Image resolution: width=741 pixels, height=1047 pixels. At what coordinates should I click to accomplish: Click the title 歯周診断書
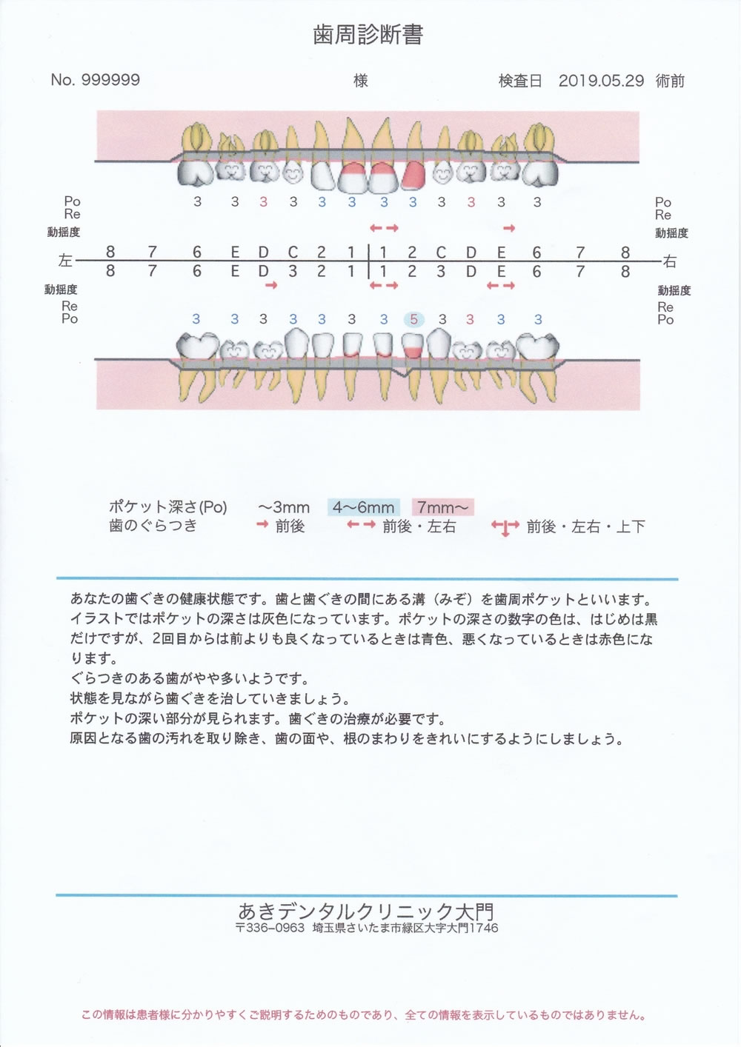click(x=368, y=35)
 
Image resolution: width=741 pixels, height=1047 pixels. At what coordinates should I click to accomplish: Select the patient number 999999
click(x=111, y=80)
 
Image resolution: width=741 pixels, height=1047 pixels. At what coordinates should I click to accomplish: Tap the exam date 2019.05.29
click(x=601, y=81)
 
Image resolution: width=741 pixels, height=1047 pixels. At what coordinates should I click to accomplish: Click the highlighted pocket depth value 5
click(x=413, y=320)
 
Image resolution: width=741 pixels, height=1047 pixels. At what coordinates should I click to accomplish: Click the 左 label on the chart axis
click(x=65, y=261)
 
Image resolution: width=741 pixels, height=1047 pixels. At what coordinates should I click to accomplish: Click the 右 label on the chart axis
click(x=670, y=261)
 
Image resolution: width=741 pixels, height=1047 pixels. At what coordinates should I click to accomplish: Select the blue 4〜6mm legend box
click(x=364, y=507)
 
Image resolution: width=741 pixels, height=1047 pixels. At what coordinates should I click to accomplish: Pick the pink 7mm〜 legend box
click(x=442, y=507)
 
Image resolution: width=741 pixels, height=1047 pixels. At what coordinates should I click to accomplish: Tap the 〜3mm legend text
click(x=284, y=507)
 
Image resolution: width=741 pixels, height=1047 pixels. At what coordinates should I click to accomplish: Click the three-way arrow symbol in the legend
click(x=505, y=527)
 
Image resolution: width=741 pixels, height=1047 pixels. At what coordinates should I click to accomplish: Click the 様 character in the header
click(x=361, y=81)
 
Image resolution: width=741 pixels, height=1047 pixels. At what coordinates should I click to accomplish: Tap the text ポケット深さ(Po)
click(x=168, y=506)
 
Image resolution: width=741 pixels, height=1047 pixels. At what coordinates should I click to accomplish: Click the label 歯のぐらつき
click(x=153, y=526)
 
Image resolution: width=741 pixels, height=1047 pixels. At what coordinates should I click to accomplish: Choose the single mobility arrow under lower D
click(x=271, y=284)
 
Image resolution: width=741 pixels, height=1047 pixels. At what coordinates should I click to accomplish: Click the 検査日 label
click(x=520, y=81)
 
